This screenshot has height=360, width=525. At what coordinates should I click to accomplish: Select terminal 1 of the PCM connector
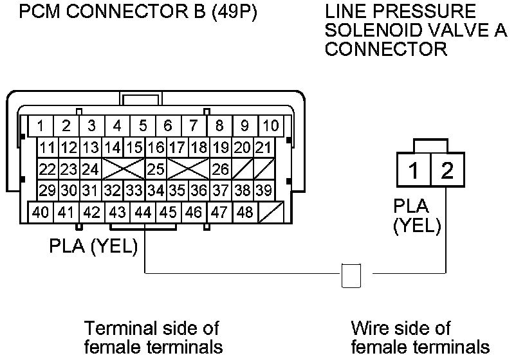click(40, 125)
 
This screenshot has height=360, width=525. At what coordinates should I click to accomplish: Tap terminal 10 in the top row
click(271, 125)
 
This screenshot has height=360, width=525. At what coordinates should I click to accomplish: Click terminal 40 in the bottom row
click(41, 212)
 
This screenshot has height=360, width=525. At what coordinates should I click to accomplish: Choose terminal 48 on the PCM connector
click(245, 212)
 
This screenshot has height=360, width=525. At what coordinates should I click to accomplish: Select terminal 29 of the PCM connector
click(47, 191)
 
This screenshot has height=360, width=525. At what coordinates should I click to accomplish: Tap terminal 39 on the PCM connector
click(262, 191)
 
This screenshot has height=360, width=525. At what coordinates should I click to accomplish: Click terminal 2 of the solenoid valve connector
click(447, 171)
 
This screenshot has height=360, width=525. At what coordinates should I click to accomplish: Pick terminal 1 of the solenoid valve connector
click(415, 171)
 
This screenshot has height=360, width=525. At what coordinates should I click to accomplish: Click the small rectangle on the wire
click(351, 274)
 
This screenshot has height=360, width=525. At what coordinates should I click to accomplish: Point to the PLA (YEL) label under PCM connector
click(94, 247)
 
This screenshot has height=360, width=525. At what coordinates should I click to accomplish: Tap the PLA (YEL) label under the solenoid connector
click(418, 216)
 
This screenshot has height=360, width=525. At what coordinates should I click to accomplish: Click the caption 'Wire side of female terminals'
click(419, 337)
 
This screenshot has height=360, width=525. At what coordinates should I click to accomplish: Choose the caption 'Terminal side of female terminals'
click(153, 337)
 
